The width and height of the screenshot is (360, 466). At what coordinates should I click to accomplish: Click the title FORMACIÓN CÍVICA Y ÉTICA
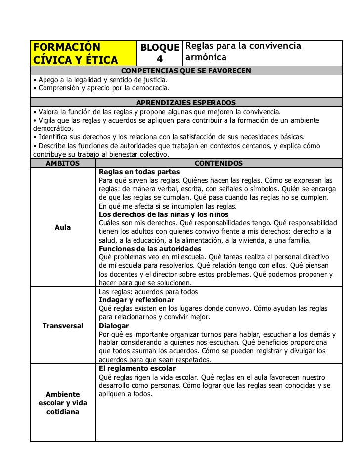pyautogui.click(x=75, y=54)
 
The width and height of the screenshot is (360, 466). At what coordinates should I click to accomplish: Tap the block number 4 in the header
pyautogui.click(x=159, y=60)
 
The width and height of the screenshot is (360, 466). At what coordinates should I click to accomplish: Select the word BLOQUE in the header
pyautogui.click(x=159, y=48)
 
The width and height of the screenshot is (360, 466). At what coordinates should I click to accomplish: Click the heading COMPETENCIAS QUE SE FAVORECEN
pyautogui.click(x=186, y=71)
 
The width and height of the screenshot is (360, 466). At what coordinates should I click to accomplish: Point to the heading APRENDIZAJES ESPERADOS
pyautogui.click(x=186, y=103)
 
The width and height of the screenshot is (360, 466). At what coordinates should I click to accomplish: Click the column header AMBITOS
pyautogui.click(x=62, y=163)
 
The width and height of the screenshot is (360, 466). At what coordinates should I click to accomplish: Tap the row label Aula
pyautogui.click(x=63, y=227)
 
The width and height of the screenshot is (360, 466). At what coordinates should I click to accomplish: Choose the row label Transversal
pyautogui.click(x=63, y=326)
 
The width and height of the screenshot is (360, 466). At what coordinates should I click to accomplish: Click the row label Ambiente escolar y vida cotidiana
pyautogui.click(x=63, y=403)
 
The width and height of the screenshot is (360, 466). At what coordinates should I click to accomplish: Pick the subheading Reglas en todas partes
pyautogui.click(x=136, y=171)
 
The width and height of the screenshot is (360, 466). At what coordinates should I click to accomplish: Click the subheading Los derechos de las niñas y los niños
pyautogui.click(x=164, y=214)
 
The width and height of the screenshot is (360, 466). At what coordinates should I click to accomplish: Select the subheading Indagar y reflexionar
pyautogui.click(x=136, y=300)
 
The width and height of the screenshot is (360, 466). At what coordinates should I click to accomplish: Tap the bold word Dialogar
pyautogui.click(x=114, y=326)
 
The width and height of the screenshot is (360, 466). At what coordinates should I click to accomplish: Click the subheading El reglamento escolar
pyautogui.click(x=137, y=368)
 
